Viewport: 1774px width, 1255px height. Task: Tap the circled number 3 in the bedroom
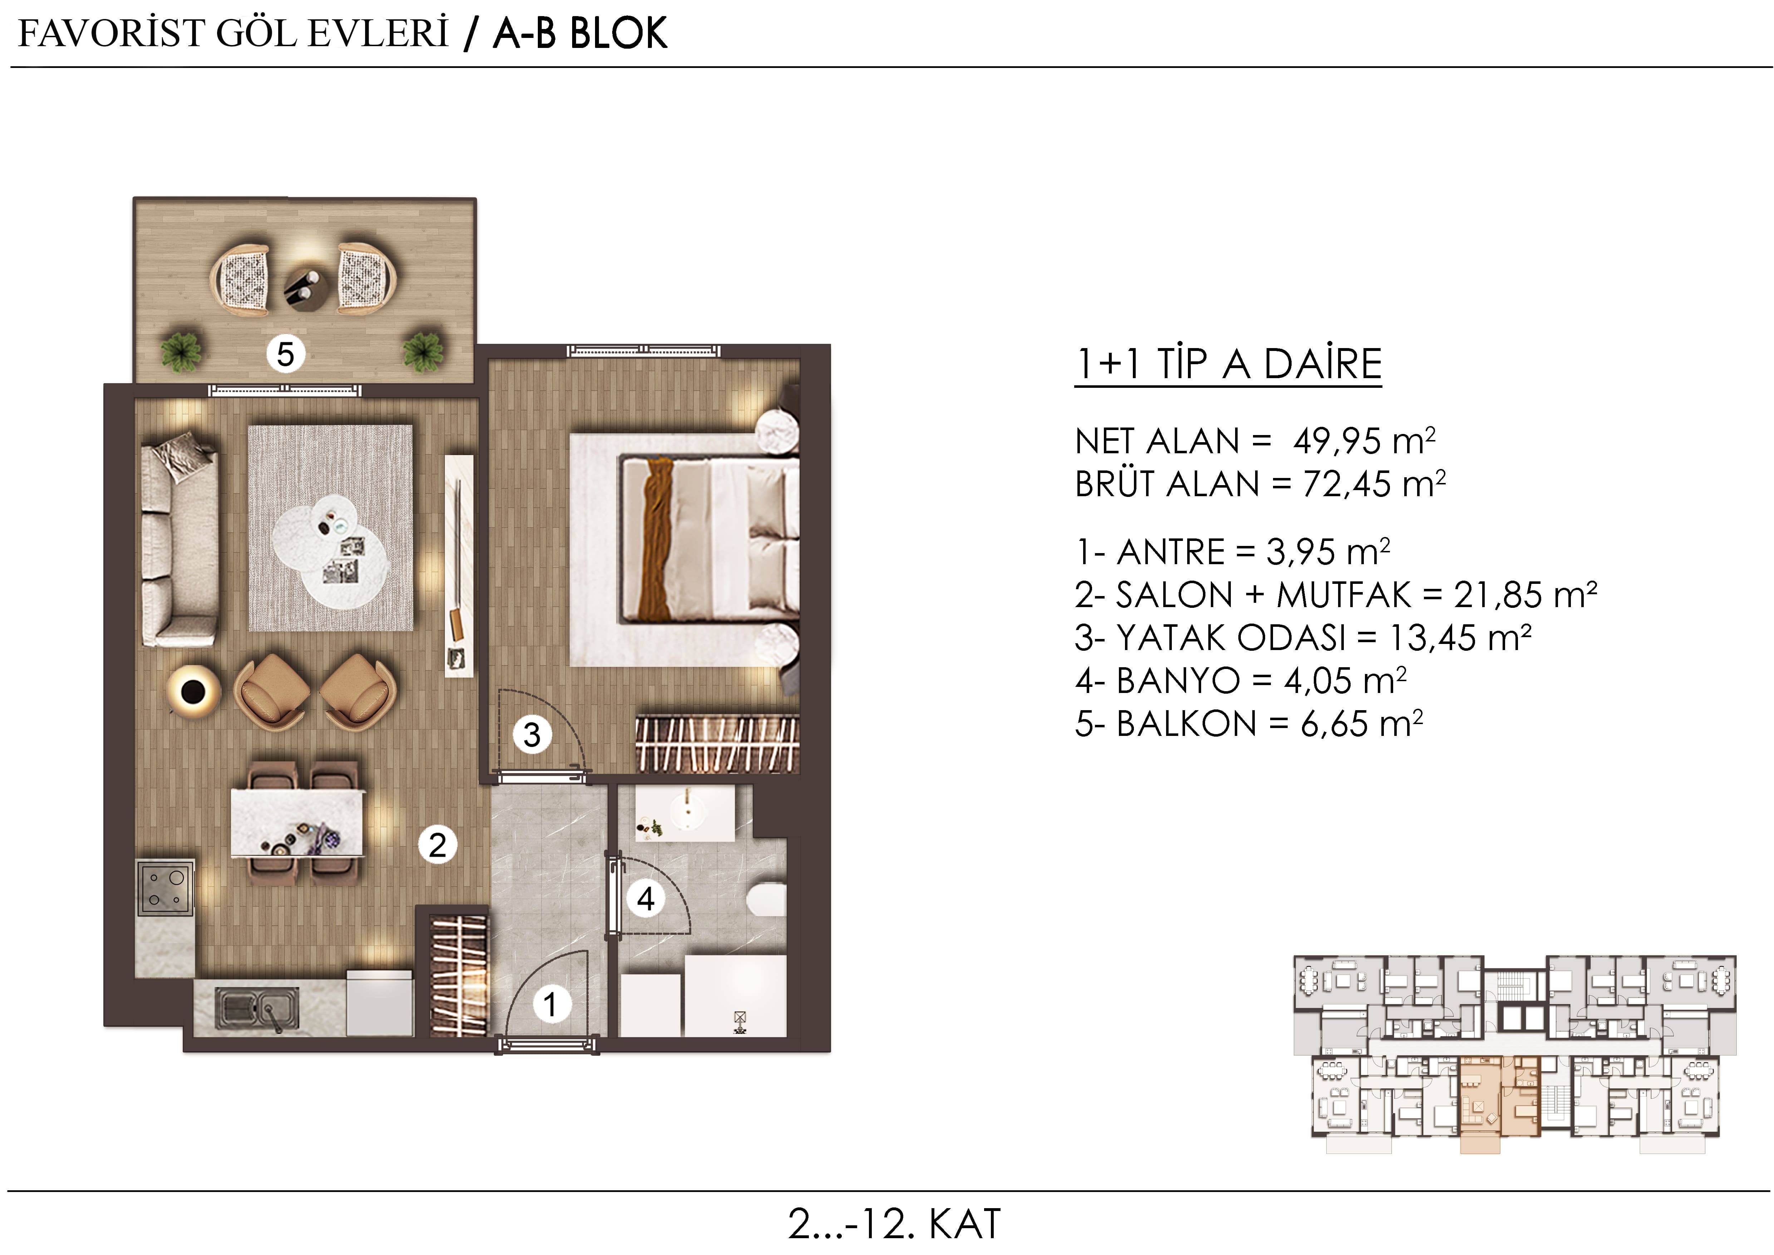(532, 735)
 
